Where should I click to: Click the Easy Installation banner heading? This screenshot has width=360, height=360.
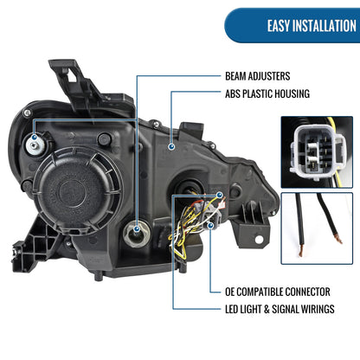point(312,26)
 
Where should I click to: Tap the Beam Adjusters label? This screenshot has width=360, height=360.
point(257,76)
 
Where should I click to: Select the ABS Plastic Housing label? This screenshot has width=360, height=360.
point(267,93)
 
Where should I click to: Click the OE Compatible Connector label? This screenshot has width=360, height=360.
point(278,292)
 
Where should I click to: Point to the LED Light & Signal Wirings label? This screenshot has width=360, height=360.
point(280,309)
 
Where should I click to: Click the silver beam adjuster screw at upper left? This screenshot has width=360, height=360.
point(35,145)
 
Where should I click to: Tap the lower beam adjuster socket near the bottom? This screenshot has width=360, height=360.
point(136,233)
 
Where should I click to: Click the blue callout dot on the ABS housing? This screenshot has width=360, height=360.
point(171,147)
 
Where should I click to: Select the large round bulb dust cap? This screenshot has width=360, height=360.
point(77,190)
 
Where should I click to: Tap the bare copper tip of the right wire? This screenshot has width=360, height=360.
point(338,239)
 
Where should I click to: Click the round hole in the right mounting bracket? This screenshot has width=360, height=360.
point(259,239)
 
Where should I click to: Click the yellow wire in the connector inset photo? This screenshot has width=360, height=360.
point(334,150)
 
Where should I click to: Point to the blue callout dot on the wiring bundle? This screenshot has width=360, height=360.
point(220,196)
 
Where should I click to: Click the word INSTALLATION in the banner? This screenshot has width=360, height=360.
point(325,26)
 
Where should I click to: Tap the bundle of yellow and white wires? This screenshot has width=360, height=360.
point(184,228)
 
